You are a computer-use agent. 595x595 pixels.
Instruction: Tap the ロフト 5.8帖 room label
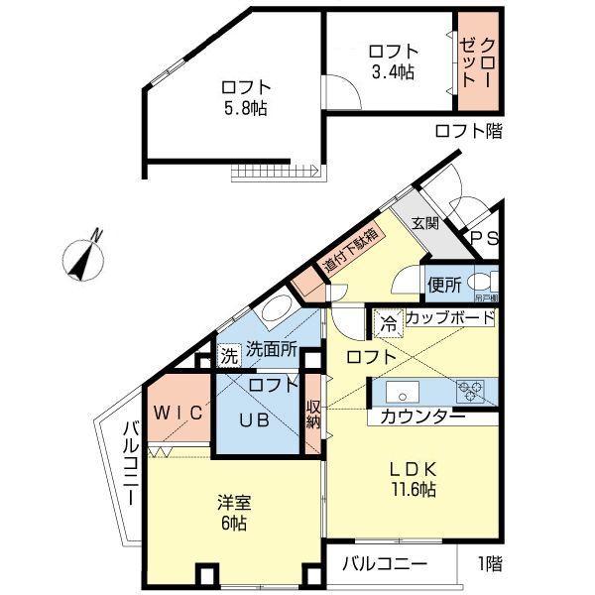tap(246, 96)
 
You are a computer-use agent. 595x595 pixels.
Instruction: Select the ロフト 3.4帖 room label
tap(393, 60)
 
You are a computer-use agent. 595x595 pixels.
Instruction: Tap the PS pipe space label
tap(485, 238)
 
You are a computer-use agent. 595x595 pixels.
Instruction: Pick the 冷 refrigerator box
tap(389, 321)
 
